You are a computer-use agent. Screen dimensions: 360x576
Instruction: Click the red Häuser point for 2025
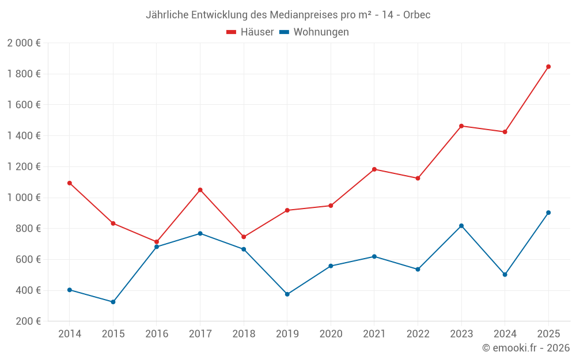[x=548, y=67]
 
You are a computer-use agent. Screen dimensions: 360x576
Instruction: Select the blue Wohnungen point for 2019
[x=287, y=294]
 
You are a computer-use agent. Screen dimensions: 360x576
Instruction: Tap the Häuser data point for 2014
[x=70, y=183]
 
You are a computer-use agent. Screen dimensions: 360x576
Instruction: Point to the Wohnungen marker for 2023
[x=461, y=226]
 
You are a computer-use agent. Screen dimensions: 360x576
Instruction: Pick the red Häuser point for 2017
[x=200, y=190]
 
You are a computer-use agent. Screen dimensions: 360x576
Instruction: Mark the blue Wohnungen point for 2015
[x=113, y=302]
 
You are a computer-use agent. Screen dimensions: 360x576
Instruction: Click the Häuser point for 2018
[x=244, y=237]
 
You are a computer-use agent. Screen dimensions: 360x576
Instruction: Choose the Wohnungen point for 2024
[x=505, y=275]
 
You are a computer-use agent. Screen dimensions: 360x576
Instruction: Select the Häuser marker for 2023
[x=461, y=126]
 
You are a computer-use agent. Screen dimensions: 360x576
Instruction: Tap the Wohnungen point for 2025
[x=548, y=213]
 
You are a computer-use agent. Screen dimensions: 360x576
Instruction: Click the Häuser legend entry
[x=250, y=32]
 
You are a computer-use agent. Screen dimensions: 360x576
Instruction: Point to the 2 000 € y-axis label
[x=24, y=43]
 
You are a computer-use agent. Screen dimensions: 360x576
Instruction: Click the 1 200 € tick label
[x=24, y=167]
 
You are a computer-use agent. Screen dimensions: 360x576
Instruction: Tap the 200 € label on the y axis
[x=28, y=321]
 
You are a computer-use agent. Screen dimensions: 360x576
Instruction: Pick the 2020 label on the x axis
[x=331, y=334]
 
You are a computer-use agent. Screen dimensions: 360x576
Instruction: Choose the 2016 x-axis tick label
[x=157, y=334]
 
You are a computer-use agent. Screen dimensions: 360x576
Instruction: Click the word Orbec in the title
[x=417, y=14]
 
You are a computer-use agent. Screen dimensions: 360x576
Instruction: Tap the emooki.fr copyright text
[x=526, y=348]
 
